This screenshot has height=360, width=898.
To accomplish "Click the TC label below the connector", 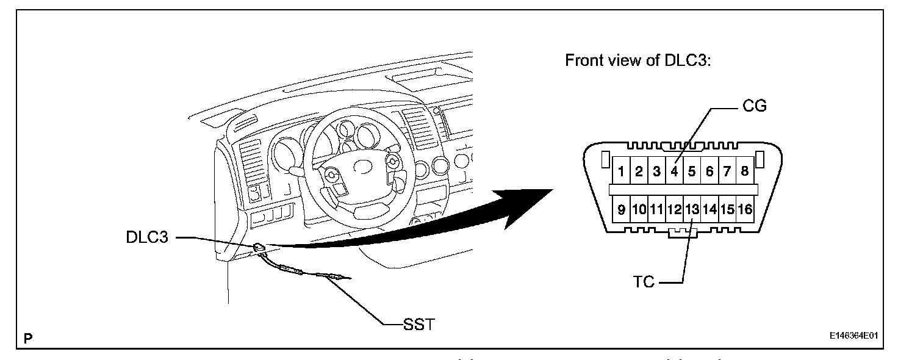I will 644,283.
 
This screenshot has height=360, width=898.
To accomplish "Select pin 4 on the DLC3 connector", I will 674,171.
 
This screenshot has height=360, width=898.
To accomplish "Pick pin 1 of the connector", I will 621,171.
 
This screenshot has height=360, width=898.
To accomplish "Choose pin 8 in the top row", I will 744,171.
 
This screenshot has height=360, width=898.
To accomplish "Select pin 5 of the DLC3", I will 692,171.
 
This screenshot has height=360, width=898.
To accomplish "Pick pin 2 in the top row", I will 639,171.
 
